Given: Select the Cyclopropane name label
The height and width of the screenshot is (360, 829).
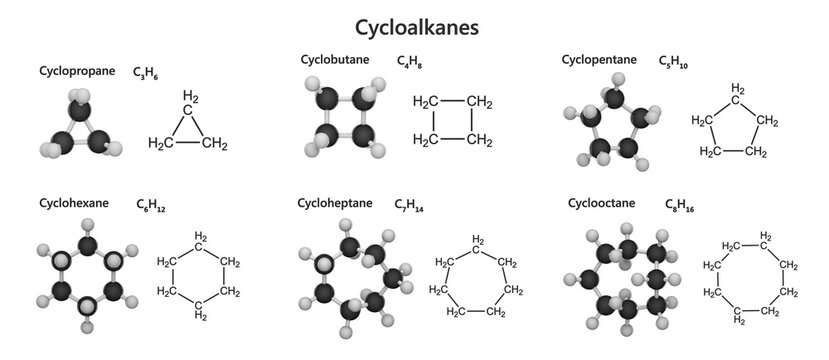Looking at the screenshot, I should point(77,71).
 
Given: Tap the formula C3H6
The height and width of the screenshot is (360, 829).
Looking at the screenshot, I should point(146,74).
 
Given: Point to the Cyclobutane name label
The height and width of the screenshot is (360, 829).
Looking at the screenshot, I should point(334,59).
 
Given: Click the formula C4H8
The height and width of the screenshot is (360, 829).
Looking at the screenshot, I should point(409,62).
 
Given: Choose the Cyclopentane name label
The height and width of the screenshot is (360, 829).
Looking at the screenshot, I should point(599,59).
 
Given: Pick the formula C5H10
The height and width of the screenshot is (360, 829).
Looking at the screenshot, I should point(675,62).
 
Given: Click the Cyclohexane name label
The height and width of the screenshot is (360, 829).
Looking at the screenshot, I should point(74,203).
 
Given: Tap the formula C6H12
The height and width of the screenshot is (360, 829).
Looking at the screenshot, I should point(151,206).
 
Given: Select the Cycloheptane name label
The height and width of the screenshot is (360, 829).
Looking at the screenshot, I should point(334,203).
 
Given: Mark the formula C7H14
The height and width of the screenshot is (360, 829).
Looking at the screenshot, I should point(410,206).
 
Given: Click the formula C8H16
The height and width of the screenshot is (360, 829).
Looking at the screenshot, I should point(682,206).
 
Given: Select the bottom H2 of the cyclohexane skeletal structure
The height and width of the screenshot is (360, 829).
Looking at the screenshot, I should point(201,315).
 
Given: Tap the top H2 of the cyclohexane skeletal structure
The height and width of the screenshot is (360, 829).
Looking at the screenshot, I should point(201,237).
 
